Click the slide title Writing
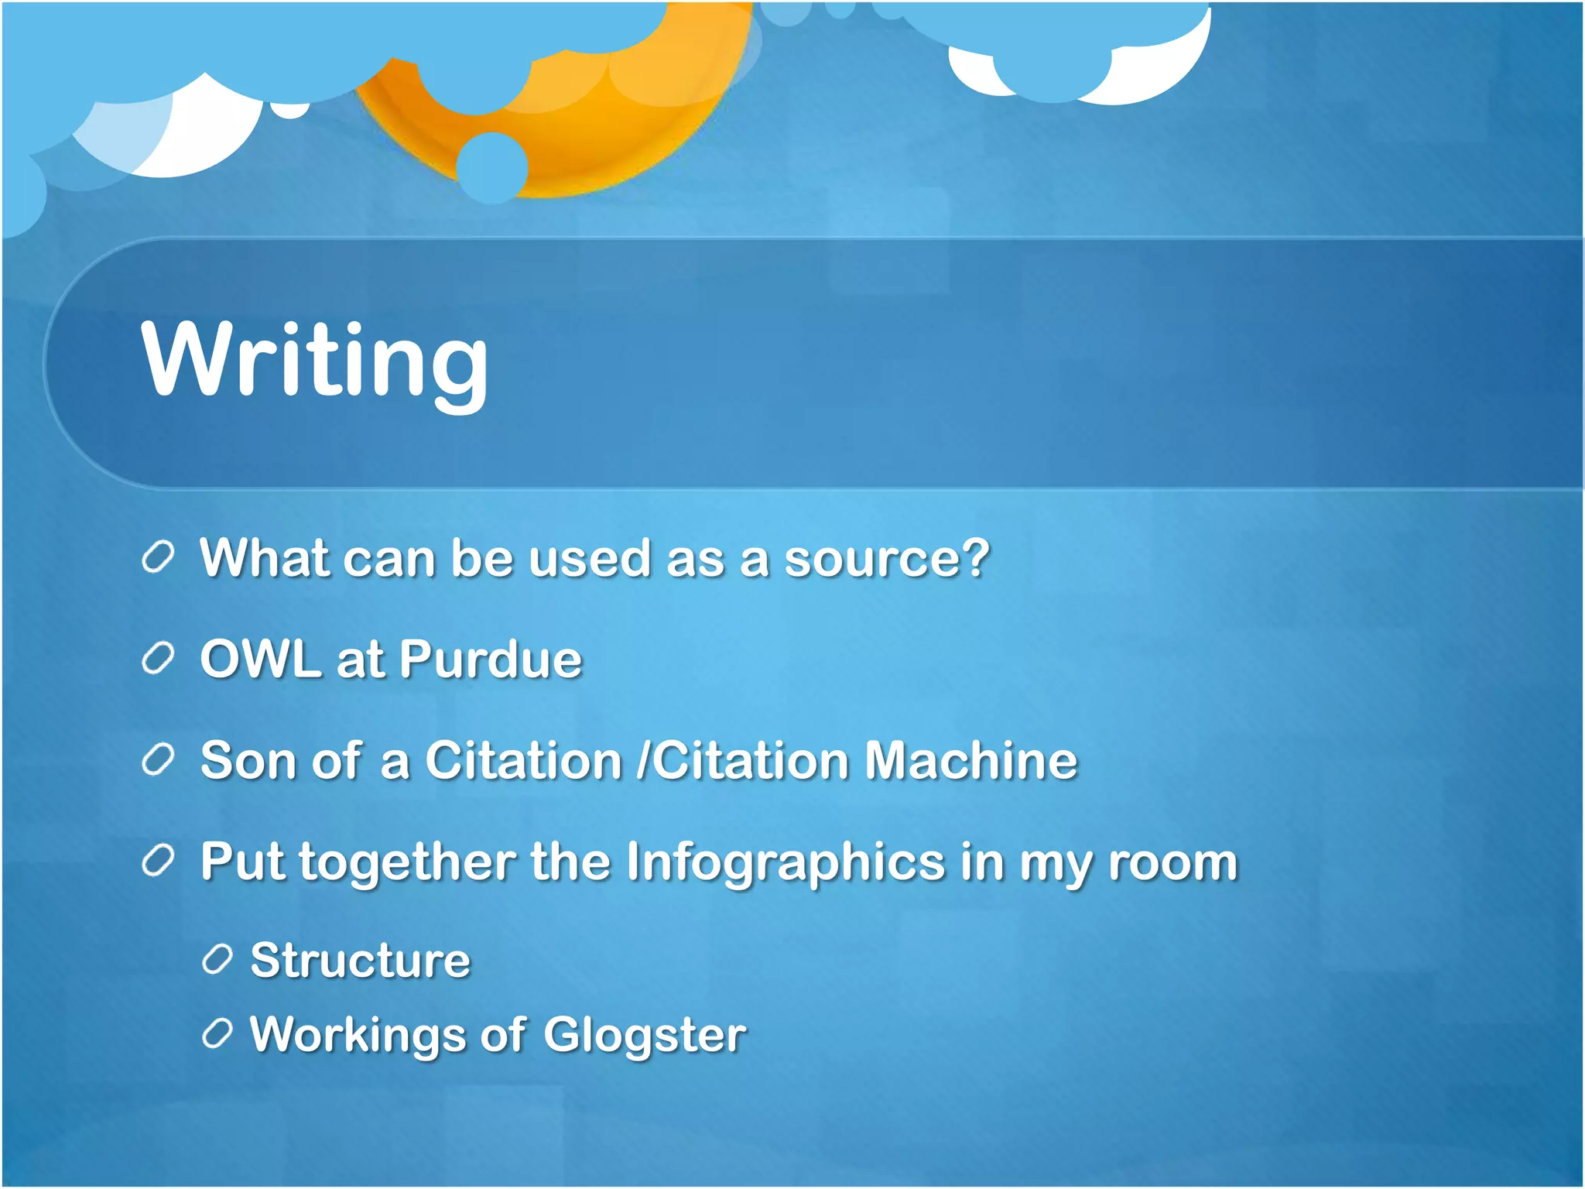coord(314,361)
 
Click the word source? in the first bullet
coord(887,558)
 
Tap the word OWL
coord(260,660)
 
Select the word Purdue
coord(491,660)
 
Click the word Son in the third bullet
coord(248,760)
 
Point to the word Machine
coord(971,760)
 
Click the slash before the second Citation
coord(642,760)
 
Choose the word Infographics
coord(785,862)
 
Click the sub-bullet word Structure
coord(361,961)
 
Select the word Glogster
coord(644,1035)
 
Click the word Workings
coord(357,1035)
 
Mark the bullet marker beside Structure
coord(217,961)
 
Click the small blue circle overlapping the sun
coord(491,166)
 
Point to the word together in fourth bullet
coord(407,862)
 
